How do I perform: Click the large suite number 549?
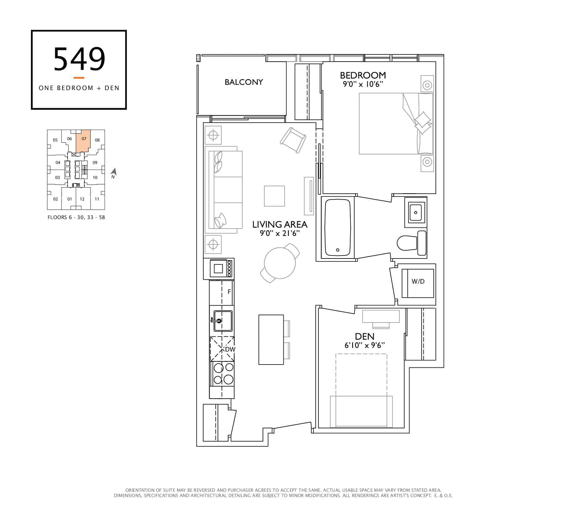point(79,59)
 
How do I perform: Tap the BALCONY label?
point(244,82)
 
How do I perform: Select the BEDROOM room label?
point(363,75)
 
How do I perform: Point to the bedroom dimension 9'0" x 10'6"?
point(363,84)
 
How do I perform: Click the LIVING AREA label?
point(280,224)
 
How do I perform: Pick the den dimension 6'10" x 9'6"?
point(364,345)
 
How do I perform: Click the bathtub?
point(338,227)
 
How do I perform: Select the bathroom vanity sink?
point(415,212)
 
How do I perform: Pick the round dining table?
point(280,263)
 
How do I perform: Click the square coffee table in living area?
point(274,196)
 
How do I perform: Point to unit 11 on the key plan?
point(97,199)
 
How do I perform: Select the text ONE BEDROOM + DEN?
point(79,88)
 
